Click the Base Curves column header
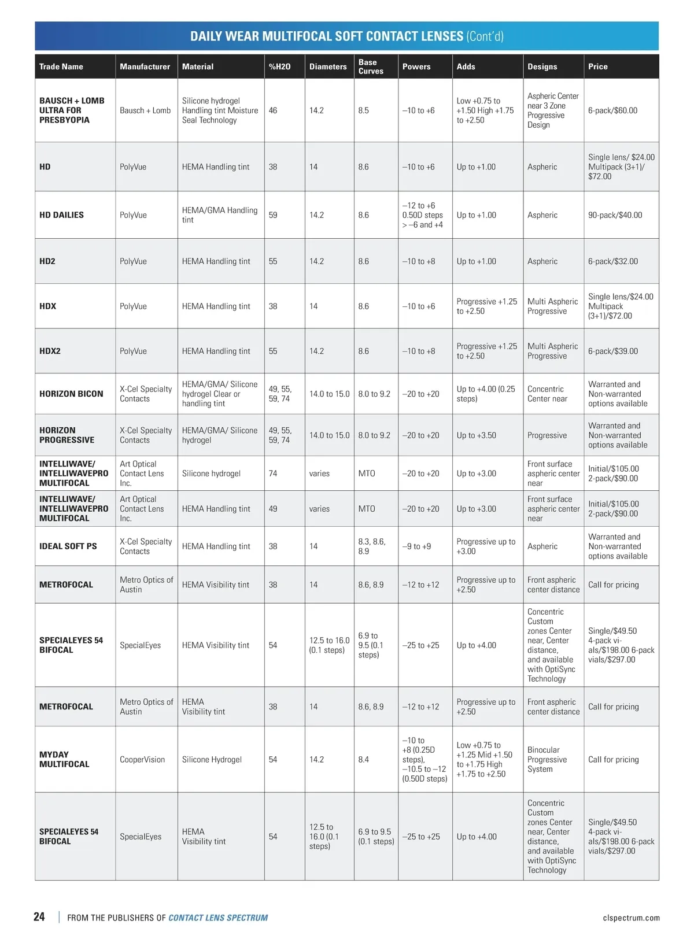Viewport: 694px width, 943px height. (x=371, y=66)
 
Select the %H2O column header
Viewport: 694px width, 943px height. (x=279, y=66)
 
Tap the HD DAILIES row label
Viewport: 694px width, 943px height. (x=61, y=215)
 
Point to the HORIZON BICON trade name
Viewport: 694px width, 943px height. (x=71, y=394)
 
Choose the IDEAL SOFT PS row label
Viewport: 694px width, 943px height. (x=68, y=546)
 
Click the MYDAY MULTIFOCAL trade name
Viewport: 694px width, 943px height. (x=64, y=759)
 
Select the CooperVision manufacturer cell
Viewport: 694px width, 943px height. (x=142, y=759)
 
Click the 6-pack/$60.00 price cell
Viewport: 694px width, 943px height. (x=612, y=110)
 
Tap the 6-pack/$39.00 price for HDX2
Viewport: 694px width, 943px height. (x=613, y=351)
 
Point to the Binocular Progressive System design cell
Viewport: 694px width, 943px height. (x=547, y=759)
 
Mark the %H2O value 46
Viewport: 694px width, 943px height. (x=273, y=110)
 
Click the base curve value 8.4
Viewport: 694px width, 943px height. (x=363, y=759)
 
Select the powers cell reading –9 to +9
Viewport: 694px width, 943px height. (x=416, y=546)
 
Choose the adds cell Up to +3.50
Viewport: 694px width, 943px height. (x=476, y=435)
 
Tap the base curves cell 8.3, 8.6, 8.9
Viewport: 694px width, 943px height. (x=371, y=546)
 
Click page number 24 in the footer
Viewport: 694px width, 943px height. (x=39, y=917)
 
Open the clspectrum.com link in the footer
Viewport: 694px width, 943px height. (x=631, y=918)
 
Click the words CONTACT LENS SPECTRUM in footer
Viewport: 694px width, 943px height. (x=218, y=918)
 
